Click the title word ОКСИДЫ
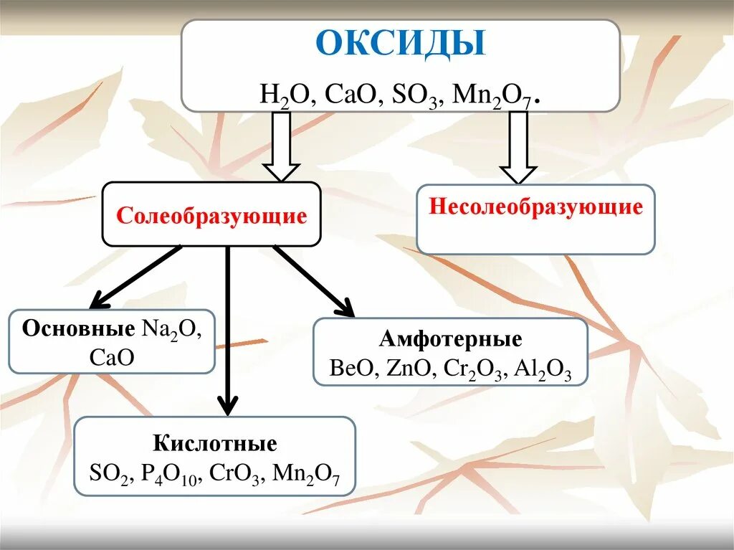click(x=401, y=44)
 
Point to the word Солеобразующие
click(x=211, y=216)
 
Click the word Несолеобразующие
click(x=535, y=208)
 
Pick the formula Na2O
click(x=171, y=330)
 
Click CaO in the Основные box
click(x=112, y=356)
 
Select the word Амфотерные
click(x=450, y=338)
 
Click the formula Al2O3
click(x=545, y=369)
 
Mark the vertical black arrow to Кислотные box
click(x=227, y=331)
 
